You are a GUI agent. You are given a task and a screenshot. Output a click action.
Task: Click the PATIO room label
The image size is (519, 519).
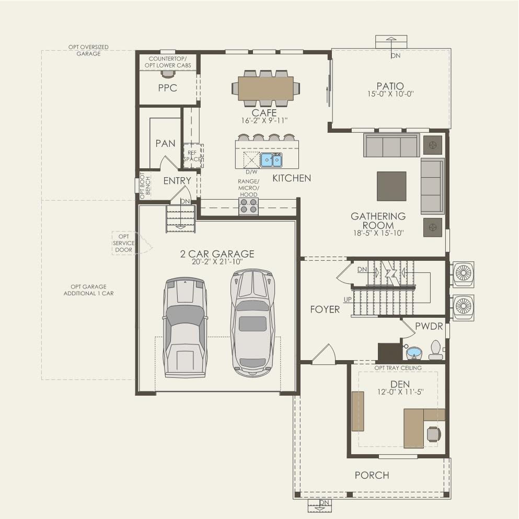pos(390,86)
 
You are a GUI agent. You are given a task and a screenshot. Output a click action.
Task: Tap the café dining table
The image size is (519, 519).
pos(266,88)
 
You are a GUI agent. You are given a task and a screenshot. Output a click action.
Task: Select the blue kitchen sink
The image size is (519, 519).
pos(271,159)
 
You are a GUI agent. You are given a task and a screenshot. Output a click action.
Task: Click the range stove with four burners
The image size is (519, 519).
pos(248,206)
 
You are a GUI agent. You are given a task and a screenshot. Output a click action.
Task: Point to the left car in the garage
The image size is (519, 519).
pos(184,327)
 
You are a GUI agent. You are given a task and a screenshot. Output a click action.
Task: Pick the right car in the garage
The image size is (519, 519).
pos(252,323)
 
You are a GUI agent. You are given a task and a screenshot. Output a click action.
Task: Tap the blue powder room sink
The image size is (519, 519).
pos(414,353)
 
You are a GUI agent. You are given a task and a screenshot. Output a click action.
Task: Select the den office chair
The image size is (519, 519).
pos(433,434)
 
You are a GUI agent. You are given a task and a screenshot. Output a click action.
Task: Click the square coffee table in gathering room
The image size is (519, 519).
pos(391,186)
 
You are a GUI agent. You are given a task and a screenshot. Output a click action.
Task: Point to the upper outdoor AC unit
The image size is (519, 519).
pos(463,273)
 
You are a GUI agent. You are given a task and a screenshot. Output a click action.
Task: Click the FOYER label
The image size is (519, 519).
pos(325,309)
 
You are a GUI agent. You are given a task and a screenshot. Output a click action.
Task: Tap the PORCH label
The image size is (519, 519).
pos(372,475)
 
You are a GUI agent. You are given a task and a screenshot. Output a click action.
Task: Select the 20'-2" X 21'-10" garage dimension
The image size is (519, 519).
pos(217,262)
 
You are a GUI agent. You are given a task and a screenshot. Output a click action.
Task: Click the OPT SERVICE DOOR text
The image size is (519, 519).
pos(123,243)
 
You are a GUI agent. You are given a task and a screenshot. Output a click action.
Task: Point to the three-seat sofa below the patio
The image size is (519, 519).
pos(391,145)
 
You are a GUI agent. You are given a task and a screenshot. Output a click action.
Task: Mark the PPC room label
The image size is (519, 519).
pos(168,88)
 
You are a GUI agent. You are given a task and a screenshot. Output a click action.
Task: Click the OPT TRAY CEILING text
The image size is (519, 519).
pos(398,368)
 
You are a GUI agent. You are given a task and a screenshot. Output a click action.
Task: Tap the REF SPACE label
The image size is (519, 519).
pos(192,155)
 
